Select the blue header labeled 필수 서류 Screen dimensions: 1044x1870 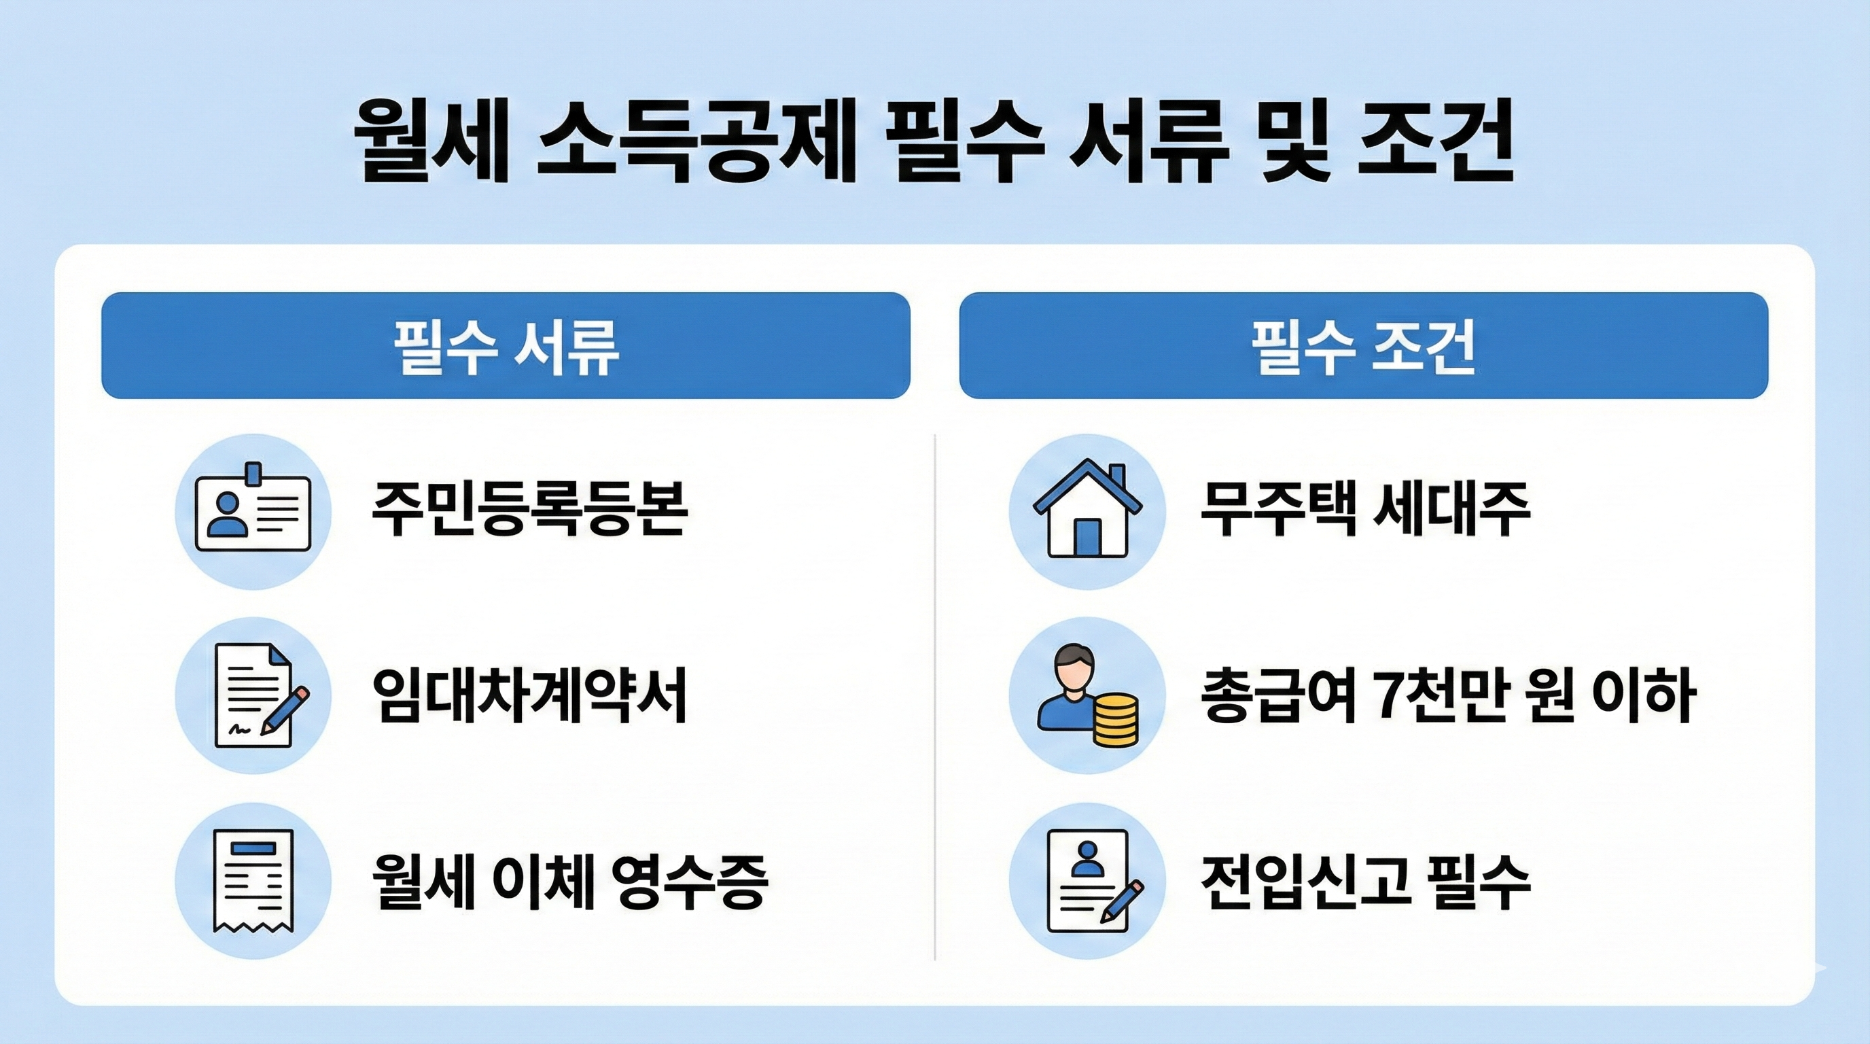click(506, 345)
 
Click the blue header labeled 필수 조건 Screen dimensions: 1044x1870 click(1363, 345)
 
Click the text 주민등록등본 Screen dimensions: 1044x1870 click(529, 508)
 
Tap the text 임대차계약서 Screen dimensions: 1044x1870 click(529, 695)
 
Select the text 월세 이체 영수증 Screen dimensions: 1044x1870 click(570, 881)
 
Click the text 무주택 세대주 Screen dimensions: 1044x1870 click(1364, 508)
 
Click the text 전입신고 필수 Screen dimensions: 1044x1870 click(1364, 881)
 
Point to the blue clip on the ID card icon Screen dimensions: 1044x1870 click(253, 473)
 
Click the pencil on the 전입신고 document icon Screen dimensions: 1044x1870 click(1122, 901)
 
